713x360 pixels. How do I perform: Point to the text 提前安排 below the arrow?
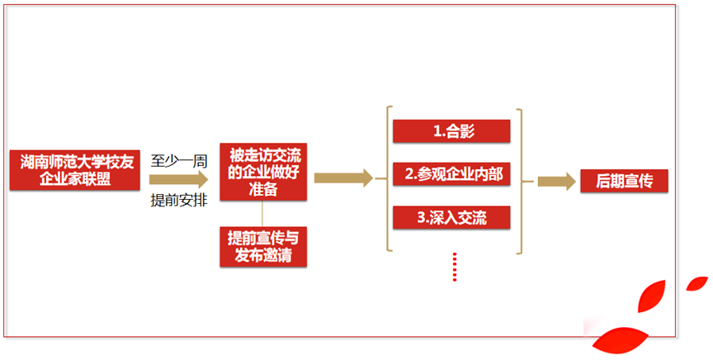pos(179,200)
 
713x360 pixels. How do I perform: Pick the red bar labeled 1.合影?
pos(451,130)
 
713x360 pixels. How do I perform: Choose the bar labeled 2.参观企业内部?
pos(451,174)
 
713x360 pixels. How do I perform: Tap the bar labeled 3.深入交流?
pos(451,217)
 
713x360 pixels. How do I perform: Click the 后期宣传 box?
pos(624,182)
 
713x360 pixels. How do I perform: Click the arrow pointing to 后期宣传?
pos(556,182)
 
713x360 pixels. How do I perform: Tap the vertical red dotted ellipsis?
pos(454,267)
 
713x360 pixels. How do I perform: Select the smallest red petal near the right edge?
pos(697,284)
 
